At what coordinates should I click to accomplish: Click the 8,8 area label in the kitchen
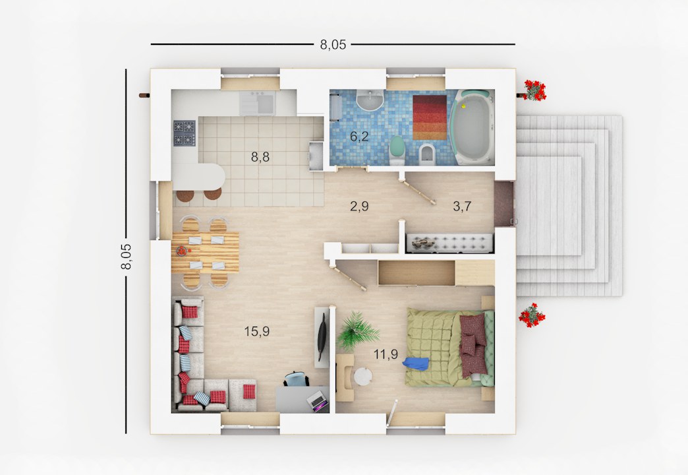pyautogui.click(x=260, y=157)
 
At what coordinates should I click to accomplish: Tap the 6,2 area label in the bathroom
pyautogui.click(x=359, y=137)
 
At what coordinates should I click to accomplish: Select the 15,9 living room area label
pyautogui.click(x=257, y=331)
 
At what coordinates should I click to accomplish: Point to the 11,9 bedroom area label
pyautogui.click(x=386, y=354)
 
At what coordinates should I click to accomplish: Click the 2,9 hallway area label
pyautogui.click(x=359, y=206)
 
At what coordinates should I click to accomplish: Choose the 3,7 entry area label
pyautogui.click(x=462, y=206)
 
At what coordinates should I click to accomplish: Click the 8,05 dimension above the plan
pyautogui.click(x=333, y=44)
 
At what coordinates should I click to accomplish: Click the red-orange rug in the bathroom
pyautogui.click(x=429, y=117)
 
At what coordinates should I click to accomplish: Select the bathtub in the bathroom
pyautogui.click(x=473, y=127)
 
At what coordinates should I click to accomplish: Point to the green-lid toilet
pyautogui.click(x=397, y=150)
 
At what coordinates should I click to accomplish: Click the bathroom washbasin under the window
pyautogui.click(x=370, y=100)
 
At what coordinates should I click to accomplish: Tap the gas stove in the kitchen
pyautogui.click(x=184, y=133)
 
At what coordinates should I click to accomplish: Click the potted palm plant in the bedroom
pyautogui.click(x=357, y=332)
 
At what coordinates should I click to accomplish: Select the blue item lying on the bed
pyautogui.click(x=416, y=364)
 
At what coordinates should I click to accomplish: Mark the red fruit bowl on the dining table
pyautogui.click(x=182, y=251)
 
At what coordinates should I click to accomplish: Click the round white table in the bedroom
pyautogui.click(x=363, y=377)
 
